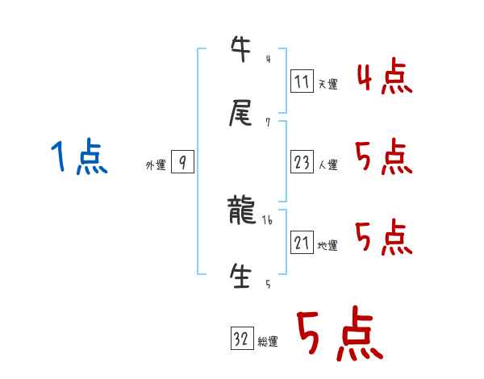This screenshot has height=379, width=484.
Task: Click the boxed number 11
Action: click(x=302, y=81)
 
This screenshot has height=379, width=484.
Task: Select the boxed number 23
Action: click(x=302, y=163)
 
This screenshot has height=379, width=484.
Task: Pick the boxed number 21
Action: click(x=302, y=243)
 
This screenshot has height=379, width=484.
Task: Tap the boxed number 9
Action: click(x=183, y=163)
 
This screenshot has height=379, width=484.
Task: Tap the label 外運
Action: click(x=156, y=165)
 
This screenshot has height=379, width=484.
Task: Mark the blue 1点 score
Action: click(x=79, y=156)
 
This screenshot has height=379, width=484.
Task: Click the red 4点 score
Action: click(x=384, y=77)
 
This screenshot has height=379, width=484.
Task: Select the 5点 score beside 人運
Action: click(x=384, y=156)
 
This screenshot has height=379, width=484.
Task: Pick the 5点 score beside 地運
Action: click(x=384, y=237)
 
